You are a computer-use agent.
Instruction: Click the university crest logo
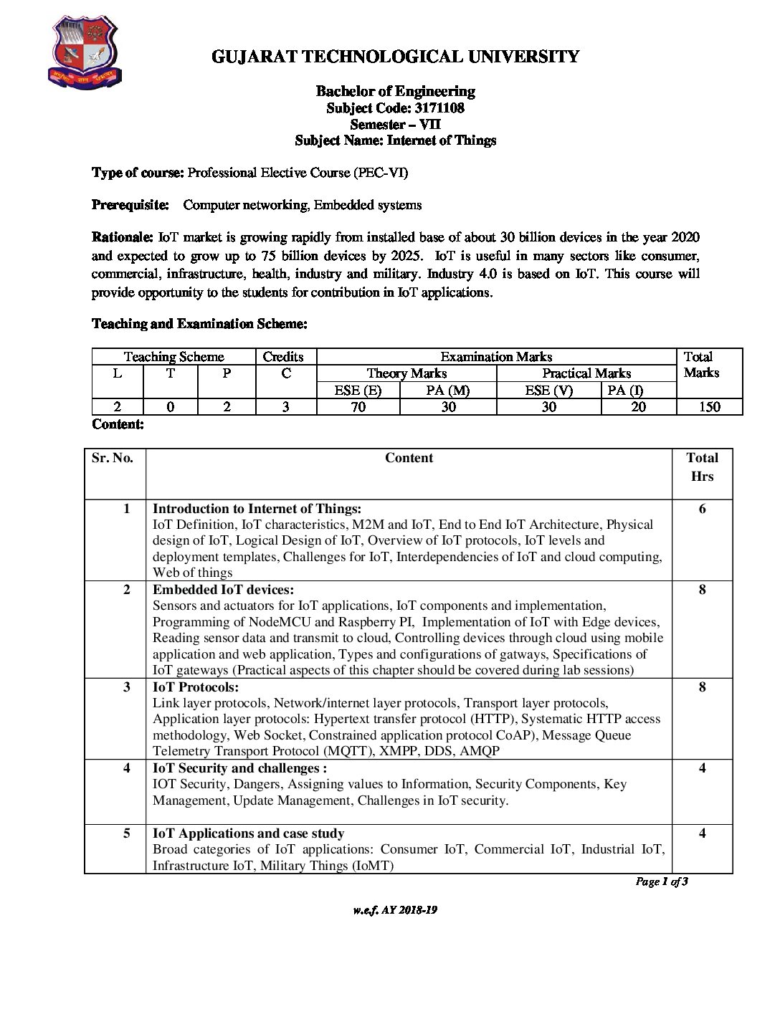pos(85,52)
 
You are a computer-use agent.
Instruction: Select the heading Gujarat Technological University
pos(395,57)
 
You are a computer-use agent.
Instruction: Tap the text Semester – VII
pos(395,124)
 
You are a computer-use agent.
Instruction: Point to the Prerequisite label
pos(130,205)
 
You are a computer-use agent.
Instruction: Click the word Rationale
pos(122,237)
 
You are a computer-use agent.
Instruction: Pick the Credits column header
pos(283,357)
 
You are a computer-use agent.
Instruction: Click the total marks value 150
pos(709,407)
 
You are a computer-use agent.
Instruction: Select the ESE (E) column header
pos(358,390)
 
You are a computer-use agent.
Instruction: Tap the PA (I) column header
pos(625,390)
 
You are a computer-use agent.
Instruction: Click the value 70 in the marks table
pos(358,407)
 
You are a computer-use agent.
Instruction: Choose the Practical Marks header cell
pos(586,373)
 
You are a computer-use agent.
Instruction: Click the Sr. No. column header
pos(113,458)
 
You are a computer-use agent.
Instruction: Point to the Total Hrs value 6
pos(702,509)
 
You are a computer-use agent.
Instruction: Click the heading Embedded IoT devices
pos(223,590)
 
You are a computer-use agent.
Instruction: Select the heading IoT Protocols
pos(196,687)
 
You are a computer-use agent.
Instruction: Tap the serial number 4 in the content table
pos(127,768)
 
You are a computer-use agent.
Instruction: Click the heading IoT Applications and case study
pos(248,833)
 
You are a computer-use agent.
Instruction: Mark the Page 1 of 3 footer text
pos(662,881)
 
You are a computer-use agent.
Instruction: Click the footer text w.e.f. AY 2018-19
pos(395,910)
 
